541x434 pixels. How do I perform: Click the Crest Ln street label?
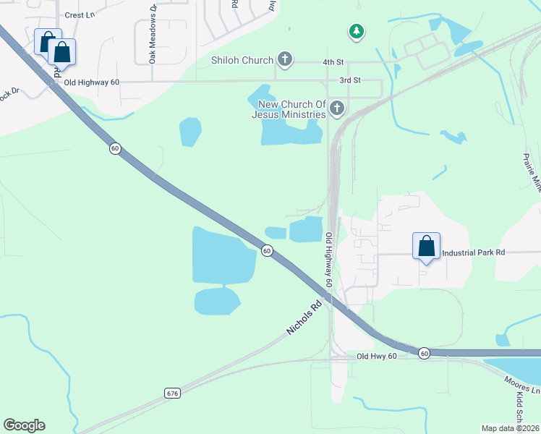click(80, 14)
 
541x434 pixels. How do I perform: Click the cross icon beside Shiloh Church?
click(285, 60)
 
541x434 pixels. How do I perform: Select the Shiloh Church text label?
click(242, 61)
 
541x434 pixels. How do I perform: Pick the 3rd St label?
click(349, 80)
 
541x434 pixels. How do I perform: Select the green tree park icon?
click(356, 31)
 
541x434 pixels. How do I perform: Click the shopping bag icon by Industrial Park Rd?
click(427, 246)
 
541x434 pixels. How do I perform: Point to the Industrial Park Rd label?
click(472, 252)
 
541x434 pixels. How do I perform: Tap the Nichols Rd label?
click(303, 318)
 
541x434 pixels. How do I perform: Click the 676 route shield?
click(171, 393)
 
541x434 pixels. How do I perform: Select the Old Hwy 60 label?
click(376, 357)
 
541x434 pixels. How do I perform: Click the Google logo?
click(24, 425)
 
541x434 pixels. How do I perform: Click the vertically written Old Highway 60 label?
click(328, 260)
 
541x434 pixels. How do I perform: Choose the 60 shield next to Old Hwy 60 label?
click(424, 353)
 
